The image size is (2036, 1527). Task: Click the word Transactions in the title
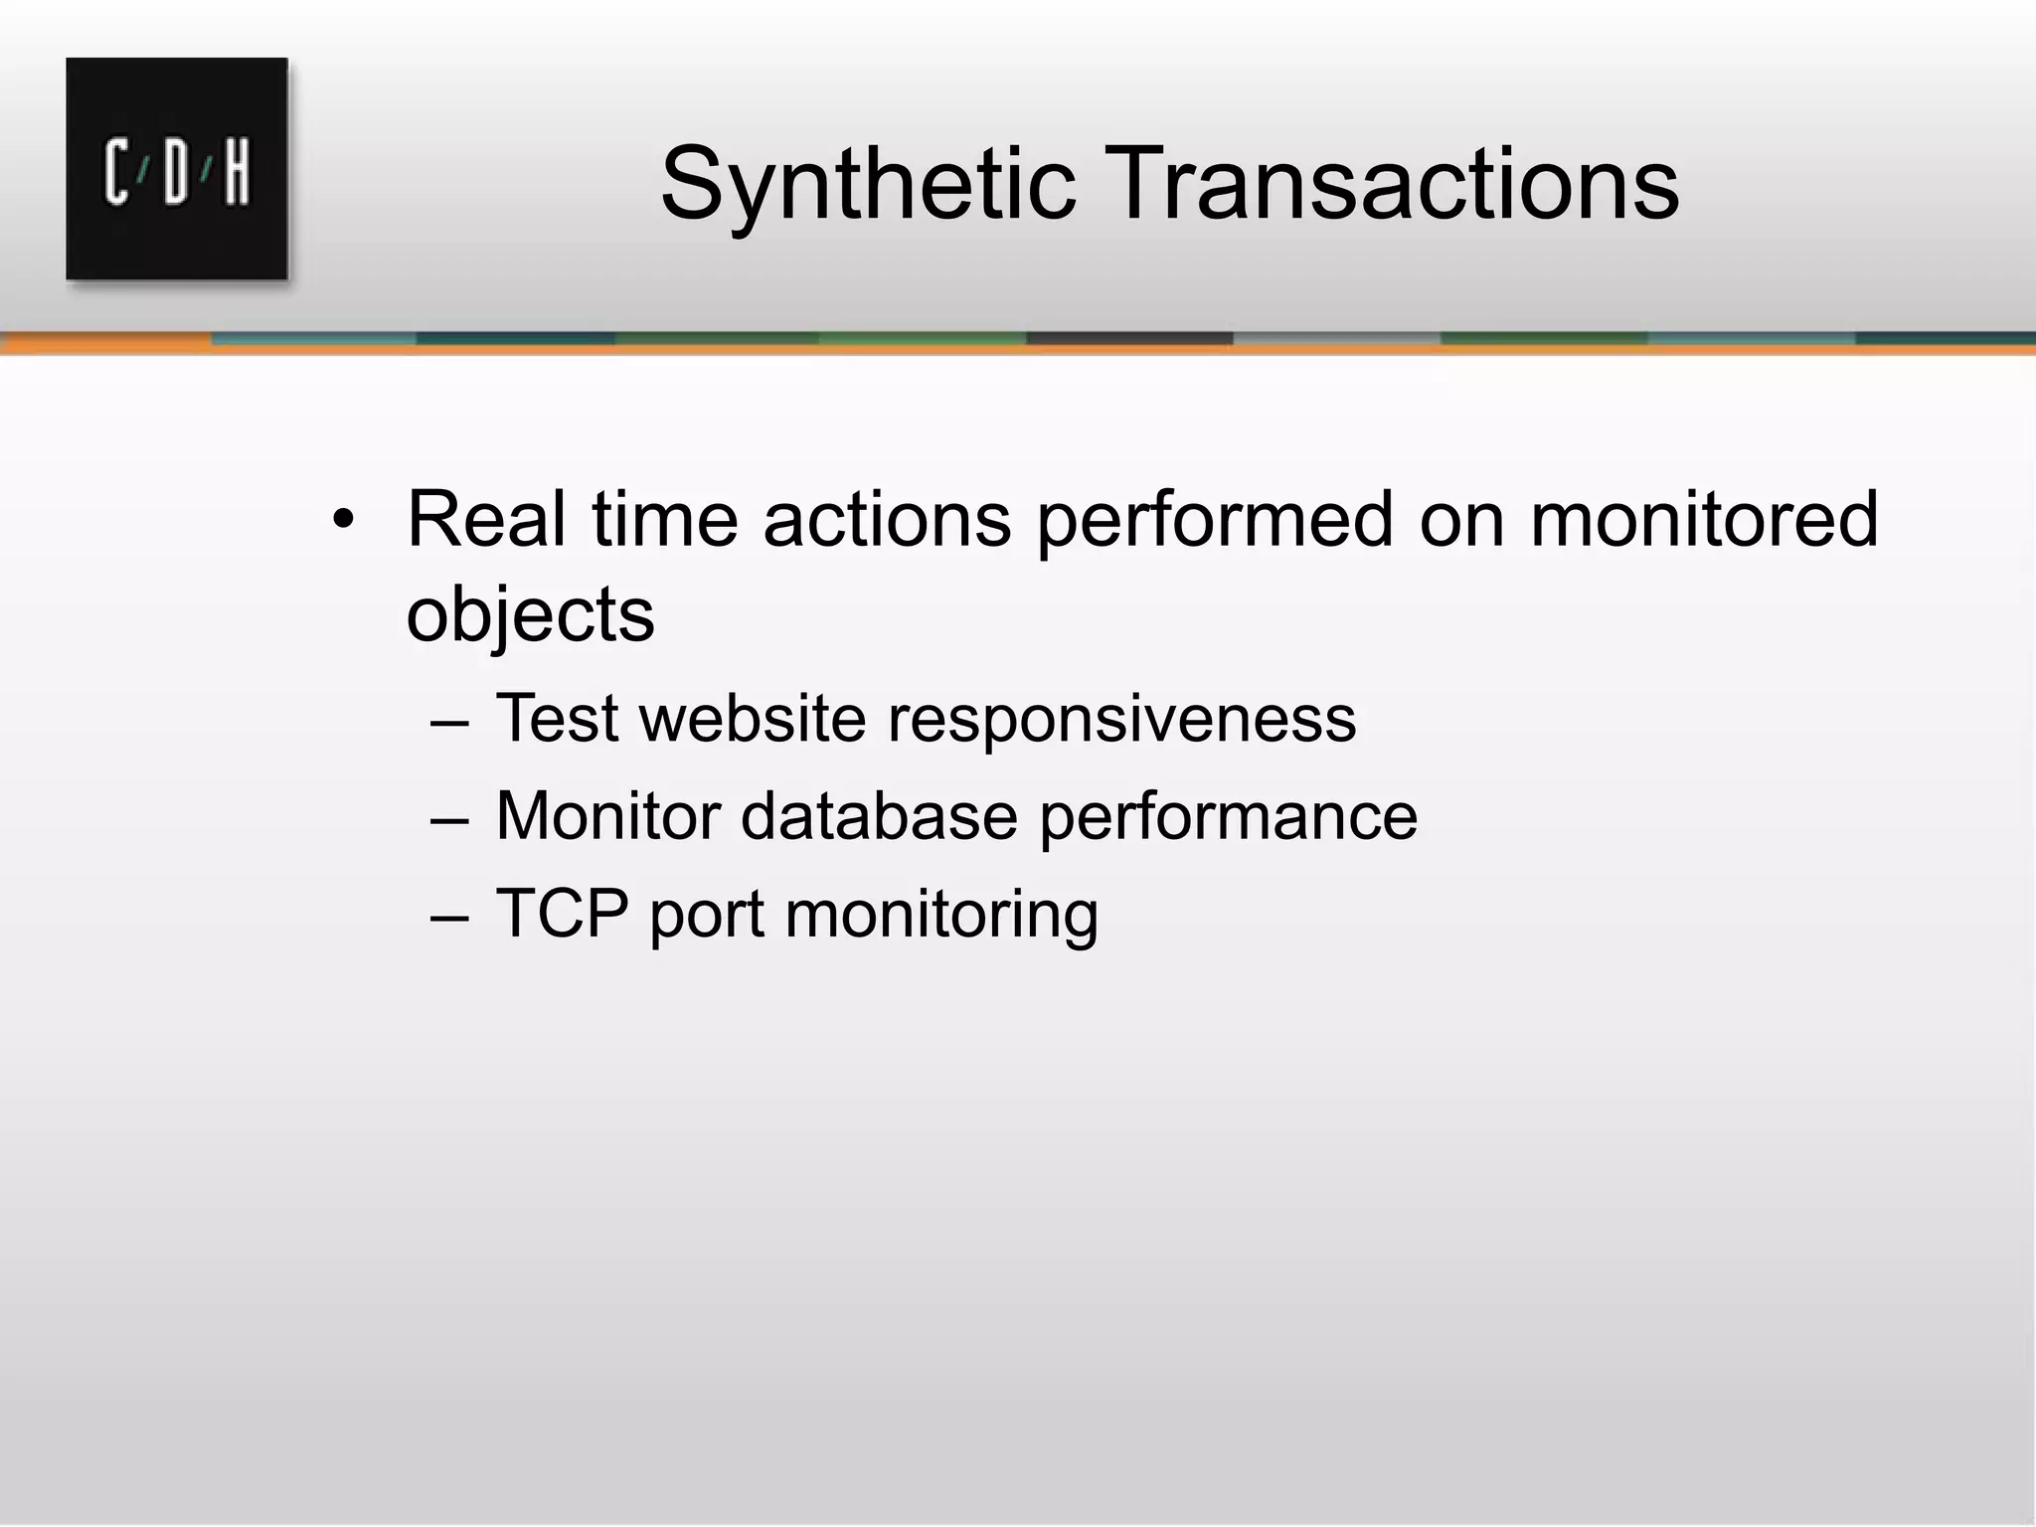(x=1391, y=185)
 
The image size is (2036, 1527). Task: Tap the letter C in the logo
(x=116, y=173)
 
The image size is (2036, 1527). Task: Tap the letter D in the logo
(x=177, y=173)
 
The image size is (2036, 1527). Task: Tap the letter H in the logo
(x=237, y=173)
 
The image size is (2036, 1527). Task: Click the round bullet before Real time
(x=343, y=520)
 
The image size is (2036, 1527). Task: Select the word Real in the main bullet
(x=486, y=520)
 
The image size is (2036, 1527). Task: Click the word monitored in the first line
(x=1704, y=520)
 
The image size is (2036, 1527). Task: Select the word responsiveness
(x=1121, y=719)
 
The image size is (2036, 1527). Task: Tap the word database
(x=879, y=816)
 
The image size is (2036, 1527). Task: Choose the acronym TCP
(x=561, y=913)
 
